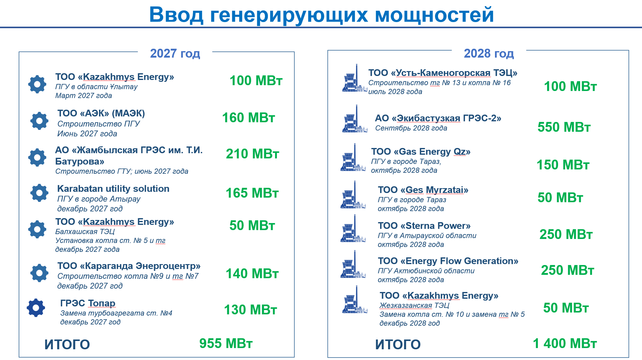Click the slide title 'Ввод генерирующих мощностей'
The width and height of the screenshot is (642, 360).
pyautogui.click(x=321, y=15)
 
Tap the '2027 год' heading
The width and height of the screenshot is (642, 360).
pyautogui.click(x=175, y=53)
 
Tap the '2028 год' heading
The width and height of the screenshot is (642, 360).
pyautogui.click(x=489, y=53)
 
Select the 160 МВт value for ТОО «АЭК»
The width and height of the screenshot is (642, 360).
pyautogui.click(x=248, y=118)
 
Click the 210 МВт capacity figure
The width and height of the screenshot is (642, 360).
pyautogui.click(x=252, y=154)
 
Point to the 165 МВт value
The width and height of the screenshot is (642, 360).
pyautogui.click(x=252, y=193)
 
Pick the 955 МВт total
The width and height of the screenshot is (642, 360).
pyautogui.click(x=226, y=343)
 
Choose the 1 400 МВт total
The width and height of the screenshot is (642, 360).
pyautogui.click(x=565, y=343)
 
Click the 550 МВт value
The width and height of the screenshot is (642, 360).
pyautogui.click(x=564, y=127)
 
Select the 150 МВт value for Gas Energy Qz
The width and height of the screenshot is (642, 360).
pyautogui.click(x=563, y=165)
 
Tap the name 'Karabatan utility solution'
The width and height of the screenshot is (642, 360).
pyautogui.click(x=113, y=188)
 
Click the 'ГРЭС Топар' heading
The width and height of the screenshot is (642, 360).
pyautogui.click(x=88, y=303)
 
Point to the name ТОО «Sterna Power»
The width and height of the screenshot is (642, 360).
pyautogui.click(x=424, y=226)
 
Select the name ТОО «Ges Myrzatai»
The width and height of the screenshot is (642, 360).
pyautogui.click(x=423, y=190)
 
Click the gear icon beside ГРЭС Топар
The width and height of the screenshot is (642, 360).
pyautogui.click(x=36, y=308)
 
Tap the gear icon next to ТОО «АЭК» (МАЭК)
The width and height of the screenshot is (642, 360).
pyautogui.click(x=40, y=121)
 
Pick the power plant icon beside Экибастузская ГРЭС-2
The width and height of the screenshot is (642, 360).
pyautogui.click(x=355, y=119)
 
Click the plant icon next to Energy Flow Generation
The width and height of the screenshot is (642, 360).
pyautogui.click(x=353, y=264)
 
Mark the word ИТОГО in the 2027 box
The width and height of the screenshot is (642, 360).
pyautogui.click(x=67, y=345)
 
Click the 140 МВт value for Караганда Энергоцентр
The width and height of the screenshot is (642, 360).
pyautogui.click(x=252, y=274)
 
